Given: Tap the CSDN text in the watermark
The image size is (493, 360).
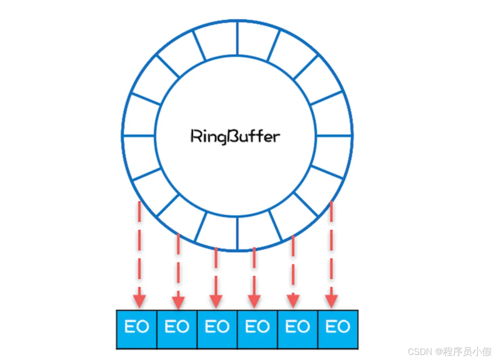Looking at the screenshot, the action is (420, 352).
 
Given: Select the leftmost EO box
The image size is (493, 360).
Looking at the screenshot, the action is (137, 329).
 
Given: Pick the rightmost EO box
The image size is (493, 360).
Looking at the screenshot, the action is (338, 329).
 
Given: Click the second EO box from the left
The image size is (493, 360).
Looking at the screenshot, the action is (177, 329).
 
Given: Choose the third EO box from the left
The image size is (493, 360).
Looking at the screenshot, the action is (217, 329).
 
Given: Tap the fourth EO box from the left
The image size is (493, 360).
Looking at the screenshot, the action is (258, 329).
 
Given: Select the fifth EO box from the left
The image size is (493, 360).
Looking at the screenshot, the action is (298, 329).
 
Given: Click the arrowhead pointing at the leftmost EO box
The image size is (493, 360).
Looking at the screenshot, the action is (139, 301).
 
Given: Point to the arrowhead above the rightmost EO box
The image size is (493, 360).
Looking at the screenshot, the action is (332, 301).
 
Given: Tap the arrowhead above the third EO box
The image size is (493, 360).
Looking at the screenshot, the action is (216, 301).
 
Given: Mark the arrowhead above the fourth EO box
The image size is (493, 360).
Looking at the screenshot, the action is (254, 301).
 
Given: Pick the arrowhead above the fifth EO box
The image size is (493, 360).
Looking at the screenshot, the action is (293, 301).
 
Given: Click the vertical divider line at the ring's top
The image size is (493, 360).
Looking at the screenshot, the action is (237, 38).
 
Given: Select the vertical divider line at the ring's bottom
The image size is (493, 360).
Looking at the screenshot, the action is (237, 234).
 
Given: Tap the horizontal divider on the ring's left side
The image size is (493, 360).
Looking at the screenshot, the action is (139, 135).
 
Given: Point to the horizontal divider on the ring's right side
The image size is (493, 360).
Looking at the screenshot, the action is (333, 135).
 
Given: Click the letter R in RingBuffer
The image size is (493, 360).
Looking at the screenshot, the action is (195, 136).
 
